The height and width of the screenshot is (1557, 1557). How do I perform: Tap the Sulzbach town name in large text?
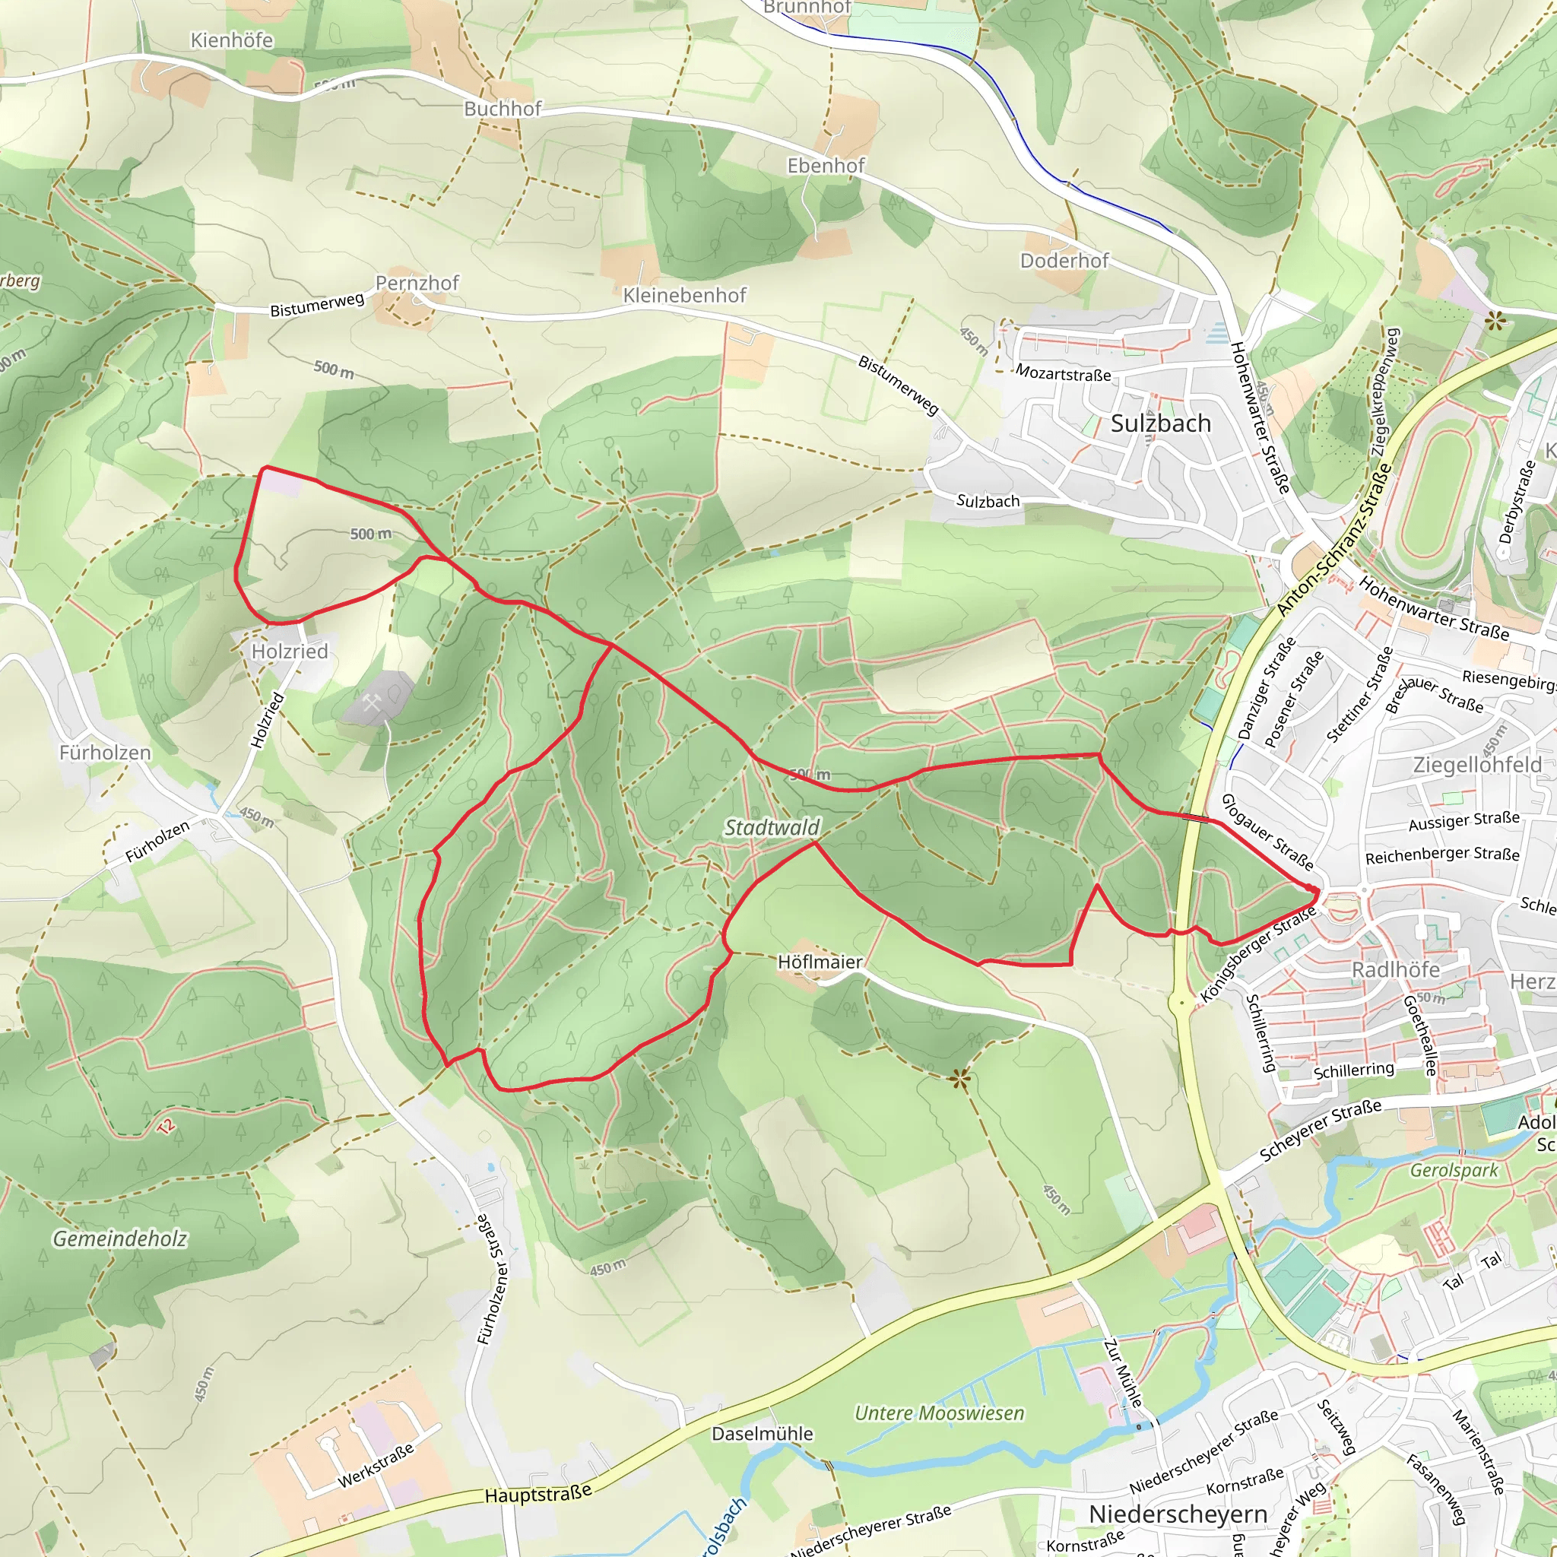tap(1160, 424)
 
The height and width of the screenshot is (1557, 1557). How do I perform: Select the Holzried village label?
tap(290, 652)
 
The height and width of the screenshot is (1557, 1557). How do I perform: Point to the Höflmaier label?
tap(820, 962)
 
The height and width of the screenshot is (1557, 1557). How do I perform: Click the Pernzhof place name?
tap(417, 283)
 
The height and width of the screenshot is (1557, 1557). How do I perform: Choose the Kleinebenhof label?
tap(684, 295)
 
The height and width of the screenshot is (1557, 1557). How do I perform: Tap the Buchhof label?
tap(503, 109)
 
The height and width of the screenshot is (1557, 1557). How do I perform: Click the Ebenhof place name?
tap(826, 165)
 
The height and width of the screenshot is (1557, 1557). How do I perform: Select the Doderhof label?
tap(1064, 260)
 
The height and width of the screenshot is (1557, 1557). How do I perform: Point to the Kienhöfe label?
tap(231, 40)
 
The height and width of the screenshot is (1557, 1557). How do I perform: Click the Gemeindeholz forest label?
tap(120, 1238)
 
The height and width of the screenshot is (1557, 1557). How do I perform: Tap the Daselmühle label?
tap(762, 1434)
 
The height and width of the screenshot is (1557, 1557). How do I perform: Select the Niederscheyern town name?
tap(1178, 1514)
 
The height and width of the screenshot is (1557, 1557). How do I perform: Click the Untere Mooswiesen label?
tap(939, 1413)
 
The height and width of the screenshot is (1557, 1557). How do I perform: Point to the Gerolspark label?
tap(1453, 1170)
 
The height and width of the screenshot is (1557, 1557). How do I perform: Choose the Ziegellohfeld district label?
tap(1477, 765)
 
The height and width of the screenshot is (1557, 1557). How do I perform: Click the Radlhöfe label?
tap(1395, 969)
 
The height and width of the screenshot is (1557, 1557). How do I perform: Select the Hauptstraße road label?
tap(538, 1495)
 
